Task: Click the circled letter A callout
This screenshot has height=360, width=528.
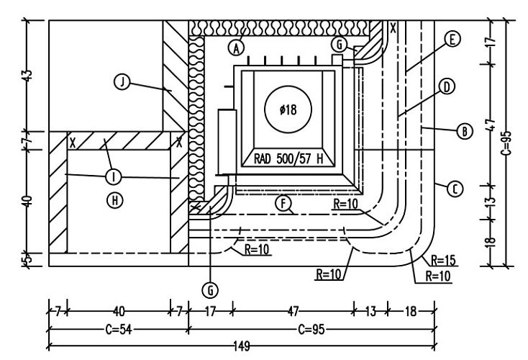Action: (x=237, y=48)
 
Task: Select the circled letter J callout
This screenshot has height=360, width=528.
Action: (x=122, y=82)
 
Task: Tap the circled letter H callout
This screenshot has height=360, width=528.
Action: (x=115, y=200)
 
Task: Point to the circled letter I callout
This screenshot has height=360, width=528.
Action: (x=114, y=176)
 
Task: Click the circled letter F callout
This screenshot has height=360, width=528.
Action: (x=283, y=203)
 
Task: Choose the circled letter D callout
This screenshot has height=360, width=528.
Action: (x=447, y=86)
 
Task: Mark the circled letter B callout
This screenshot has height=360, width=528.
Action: (x=465, y=131)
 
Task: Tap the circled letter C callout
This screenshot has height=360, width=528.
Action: (x=455, y=189)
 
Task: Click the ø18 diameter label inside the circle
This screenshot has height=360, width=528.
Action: (x=288, y=109)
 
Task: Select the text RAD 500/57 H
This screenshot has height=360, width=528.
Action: (x=288, y=158)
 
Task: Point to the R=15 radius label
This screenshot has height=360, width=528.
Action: (x=443, y=260)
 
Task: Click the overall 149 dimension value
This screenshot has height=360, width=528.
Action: (x=242, y=346)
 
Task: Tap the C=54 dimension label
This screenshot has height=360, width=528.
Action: (x=119, y=329)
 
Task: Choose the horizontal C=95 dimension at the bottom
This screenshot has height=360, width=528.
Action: (x=311, y=329)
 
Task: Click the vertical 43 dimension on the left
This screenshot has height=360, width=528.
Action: (x=28, y=76)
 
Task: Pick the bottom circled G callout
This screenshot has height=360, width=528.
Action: (x=211, y=290)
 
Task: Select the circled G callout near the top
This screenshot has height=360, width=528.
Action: (x=339, y=44)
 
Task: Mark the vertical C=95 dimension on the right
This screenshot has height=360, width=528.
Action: (x=506, y=143)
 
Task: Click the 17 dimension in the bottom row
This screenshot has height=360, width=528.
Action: (x=210, y=312)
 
